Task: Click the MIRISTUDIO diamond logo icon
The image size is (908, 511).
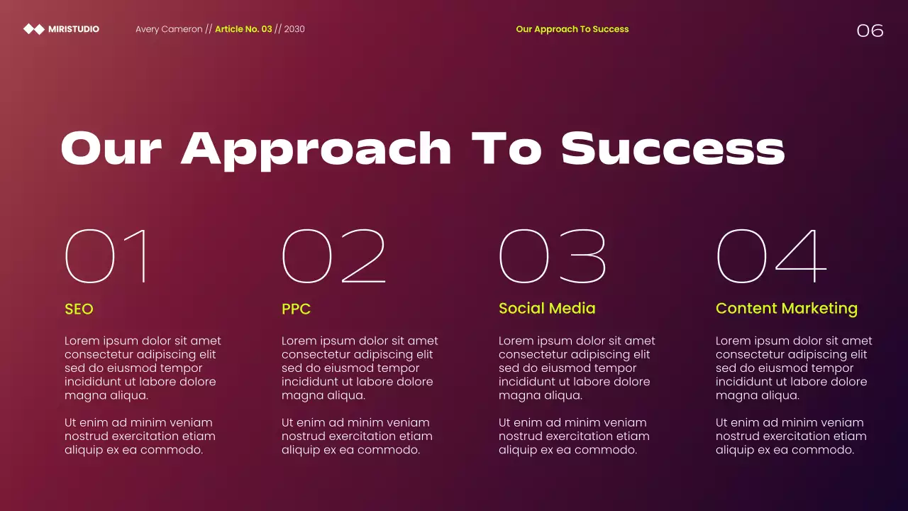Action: coord(34,29)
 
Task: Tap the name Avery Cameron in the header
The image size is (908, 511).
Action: coord(169,29)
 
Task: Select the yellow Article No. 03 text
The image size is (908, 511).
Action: coord(243,29)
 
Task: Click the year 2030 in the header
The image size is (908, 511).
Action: coord(294,29)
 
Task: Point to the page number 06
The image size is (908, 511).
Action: coord(870,31)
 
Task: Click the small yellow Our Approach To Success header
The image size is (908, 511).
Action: coord(572,29)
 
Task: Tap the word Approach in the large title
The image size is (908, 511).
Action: coord(316,150)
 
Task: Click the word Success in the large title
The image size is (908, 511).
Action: coord(672,148)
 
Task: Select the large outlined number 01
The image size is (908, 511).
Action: coord(107,256)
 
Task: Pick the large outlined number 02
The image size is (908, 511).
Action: coord(333,256)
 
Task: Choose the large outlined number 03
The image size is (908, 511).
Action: coord(553,256)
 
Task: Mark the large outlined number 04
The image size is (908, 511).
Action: coord(771,256)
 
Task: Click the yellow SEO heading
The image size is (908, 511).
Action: coord(79,309)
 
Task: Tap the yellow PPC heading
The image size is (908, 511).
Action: coord(296,309)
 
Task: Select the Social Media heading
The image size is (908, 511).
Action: coord(547,309)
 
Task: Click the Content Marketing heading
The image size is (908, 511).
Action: coord(786,309)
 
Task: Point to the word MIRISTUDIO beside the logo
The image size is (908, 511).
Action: coord(74,29)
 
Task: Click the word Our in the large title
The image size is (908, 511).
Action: coord(111,148)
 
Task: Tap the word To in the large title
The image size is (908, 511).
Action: coord(506,148)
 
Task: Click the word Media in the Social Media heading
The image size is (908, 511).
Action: coord(572,309)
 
